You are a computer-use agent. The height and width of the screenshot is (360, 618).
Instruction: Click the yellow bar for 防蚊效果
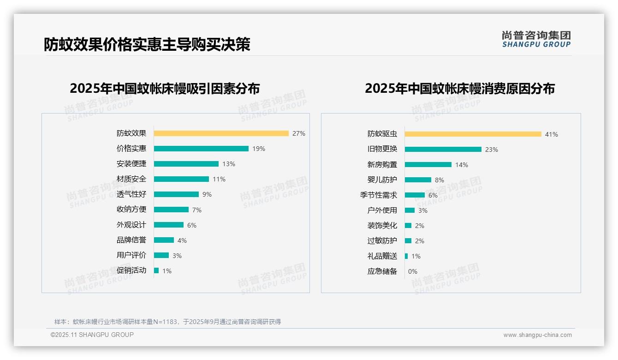click(221, 133)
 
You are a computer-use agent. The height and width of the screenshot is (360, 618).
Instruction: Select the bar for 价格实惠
click(201, 149)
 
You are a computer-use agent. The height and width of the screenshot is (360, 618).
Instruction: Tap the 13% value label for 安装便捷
click(228, 164)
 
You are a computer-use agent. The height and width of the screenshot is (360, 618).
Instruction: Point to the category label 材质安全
click(131, 179)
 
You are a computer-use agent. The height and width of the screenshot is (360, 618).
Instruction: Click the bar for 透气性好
click(176, 194)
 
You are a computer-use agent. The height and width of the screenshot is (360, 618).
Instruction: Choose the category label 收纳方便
click(131, 210)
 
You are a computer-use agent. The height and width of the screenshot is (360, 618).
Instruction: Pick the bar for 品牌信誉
click(164, 240)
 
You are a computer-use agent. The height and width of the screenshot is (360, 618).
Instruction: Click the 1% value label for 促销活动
click(166, 271)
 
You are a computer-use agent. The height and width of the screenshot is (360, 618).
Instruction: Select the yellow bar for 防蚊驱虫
click(473, 134)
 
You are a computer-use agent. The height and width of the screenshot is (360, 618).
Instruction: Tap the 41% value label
click(551, 134)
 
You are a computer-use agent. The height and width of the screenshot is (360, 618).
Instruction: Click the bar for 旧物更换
click(443, 150)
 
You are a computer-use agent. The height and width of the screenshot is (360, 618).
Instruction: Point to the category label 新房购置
click(382, 165)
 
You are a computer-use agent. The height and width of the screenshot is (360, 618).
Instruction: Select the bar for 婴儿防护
click(418, 180)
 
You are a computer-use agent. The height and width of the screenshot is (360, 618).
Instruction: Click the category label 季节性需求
click(378, 195)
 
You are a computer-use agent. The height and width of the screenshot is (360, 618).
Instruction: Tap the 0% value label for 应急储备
click(412, 271)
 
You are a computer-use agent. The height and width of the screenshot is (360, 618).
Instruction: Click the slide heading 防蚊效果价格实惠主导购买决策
click(147, 44)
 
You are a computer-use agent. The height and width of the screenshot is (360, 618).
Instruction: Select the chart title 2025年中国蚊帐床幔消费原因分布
click(459, 88)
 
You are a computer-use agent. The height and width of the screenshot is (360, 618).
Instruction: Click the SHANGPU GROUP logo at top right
click(536, 39)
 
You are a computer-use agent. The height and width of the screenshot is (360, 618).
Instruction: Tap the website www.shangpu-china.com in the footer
click(537, 335)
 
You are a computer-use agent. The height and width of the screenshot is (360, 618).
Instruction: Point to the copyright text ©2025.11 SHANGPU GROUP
click(92, 335)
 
